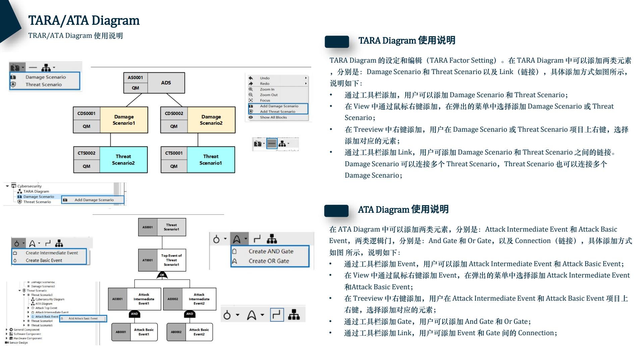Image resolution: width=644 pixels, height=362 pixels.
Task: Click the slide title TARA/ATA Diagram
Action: coord(84,20)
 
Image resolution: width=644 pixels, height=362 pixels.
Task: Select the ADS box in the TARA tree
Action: coord(166,83)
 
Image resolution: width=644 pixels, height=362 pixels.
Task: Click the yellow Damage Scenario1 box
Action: coord(124,120)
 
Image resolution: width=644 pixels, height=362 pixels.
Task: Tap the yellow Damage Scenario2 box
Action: coord(211,120)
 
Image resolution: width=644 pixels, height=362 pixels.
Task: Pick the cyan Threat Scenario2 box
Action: coord(123,160)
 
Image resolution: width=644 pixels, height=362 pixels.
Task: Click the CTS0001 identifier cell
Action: coord(174,153)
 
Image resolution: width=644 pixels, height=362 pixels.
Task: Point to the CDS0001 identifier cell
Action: coord(87,114)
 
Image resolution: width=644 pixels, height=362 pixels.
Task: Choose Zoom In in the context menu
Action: coord(267,89)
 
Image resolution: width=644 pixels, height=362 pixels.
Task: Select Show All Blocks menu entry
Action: coord(273,117)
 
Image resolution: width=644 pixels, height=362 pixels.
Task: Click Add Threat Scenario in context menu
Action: coord(277,112)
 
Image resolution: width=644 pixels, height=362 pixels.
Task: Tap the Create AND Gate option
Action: coord(271,251)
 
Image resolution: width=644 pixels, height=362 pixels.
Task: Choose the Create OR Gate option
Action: coord(269,261)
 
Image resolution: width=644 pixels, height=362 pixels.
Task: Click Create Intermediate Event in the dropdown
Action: coord(52,253)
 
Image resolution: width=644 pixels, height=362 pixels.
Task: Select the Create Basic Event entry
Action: coord(44,260)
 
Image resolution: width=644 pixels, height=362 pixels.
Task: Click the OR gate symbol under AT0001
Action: coord(162,275)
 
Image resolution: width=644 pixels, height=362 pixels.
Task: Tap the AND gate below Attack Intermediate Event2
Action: coord(190,314)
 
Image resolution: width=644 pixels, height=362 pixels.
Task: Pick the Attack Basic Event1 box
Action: coord(144,332)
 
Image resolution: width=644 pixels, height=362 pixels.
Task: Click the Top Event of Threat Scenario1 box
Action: coord(171,260)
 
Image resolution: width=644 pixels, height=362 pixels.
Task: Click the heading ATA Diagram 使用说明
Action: coord(403,209)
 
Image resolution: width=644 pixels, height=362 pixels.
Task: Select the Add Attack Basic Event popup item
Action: coord(83,318)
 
